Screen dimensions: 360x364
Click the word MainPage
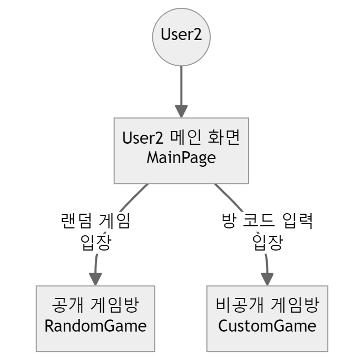[181, 158]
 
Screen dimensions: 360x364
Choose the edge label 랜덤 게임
[95, 222]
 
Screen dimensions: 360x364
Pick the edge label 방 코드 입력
[268, 222]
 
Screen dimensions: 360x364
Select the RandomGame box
[95, 318]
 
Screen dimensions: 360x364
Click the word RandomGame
[95, 326]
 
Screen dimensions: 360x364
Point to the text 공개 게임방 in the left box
[95, 306]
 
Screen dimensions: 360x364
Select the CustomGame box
[268, 318]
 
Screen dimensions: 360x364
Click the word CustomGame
[268, 326]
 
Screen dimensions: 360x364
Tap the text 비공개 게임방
[268, 306]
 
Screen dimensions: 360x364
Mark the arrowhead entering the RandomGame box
[95, 279]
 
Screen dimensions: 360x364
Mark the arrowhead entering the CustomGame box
[268, 279]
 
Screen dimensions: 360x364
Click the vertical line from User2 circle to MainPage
[181, 84]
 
